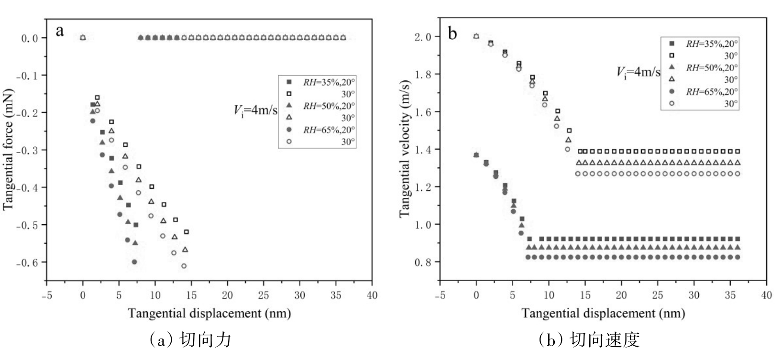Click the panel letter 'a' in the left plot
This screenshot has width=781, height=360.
click(60, 32)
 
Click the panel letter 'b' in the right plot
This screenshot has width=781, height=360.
click(452, 33)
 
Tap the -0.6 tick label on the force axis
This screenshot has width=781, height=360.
click(31, 262)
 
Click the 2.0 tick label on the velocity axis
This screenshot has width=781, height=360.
click(425, 37)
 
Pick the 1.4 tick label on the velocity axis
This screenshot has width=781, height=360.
click(425, 150)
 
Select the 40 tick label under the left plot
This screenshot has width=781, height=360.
click(372, 295)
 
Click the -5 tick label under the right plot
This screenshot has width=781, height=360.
click(440, 295)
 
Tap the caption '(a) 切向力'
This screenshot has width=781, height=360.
click(190, 339)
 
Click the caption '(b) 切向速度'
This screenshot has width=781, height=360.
click(588, 339)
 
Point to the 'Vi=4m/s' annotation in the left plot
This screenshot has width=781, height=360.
click(255, 110)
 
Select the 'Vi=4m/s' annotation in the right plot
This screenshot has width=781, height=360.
click(638, 73)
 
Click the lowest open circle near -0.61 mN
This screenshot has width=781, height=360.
click(184, 266)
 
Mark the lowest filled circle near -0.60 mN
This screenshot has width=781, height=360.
click(134, 262)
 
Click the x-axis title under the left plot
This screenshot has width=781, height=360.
click(209, 314)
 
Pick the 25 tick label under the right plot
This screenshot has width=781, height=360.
click(658, 295)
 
